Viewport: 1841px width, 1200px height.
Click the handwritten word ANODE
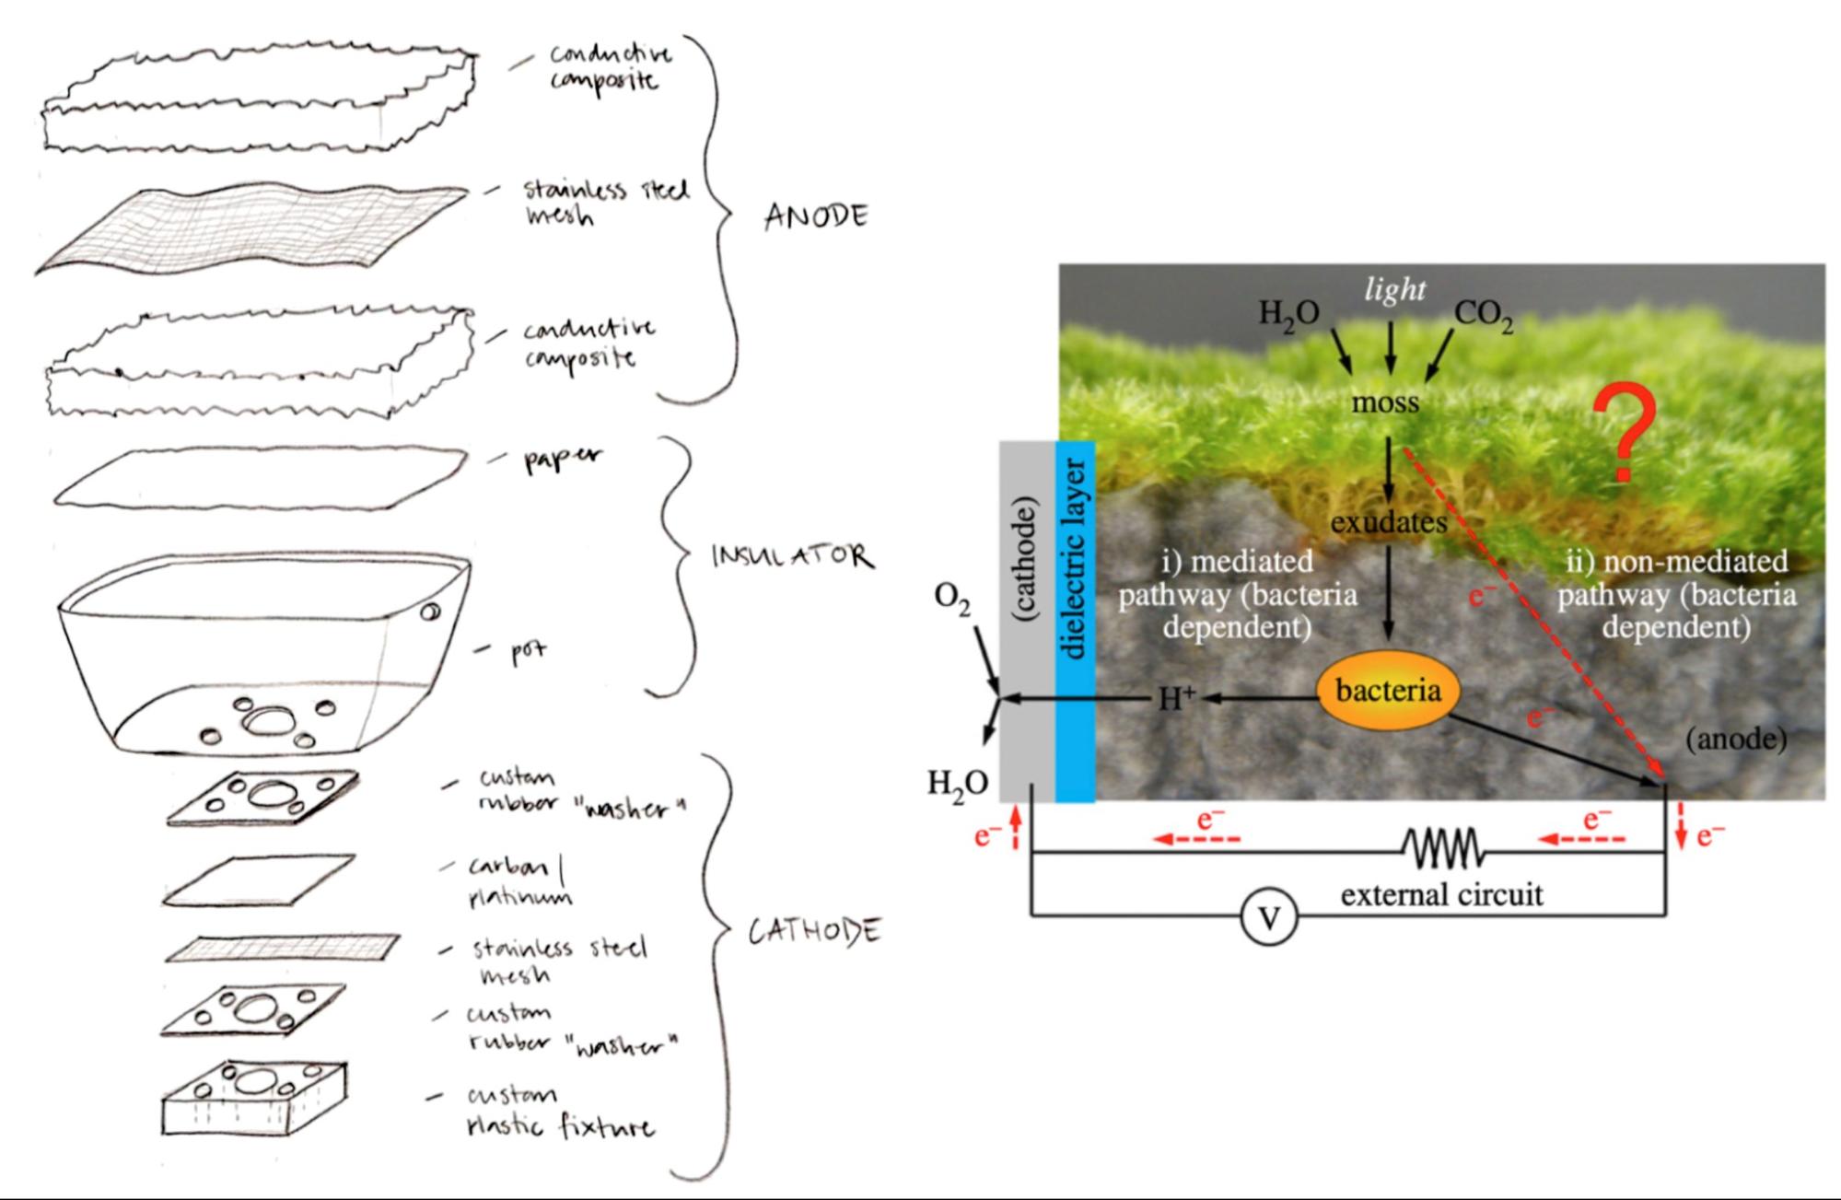(816, 217)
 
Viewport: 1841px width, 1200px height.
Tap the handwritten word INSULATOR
(792, 556)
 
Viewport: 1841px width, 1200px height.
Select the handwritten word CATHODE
(813, 932)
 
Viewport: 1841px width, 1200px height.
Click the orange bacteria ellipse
(1388, 691)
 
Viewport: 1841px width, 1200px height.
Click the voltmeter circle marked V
(1269, 918)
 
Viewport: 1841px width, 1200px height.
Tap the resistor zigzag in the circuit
(1442, 849)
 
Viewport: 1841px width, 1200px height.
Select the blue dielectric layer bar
(1074, 622)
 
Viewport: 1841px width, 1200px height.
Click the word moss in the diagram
(1385, 402)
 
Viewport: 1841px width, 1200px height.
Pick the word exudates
(1389, 522)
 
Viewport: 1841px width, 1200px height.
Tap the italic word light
(1394, 290)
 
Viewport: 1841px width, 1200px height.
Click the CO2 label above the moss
(1483, 315)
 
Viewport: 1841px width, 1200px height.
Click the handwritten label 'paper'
(563, 458)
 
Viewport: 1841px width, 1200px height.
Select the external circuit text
(1441, 894)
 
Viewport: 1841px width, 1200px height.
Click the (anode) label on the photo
(1736, 739)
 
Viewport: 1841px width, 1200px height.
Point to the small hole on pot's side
(430, 612)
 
